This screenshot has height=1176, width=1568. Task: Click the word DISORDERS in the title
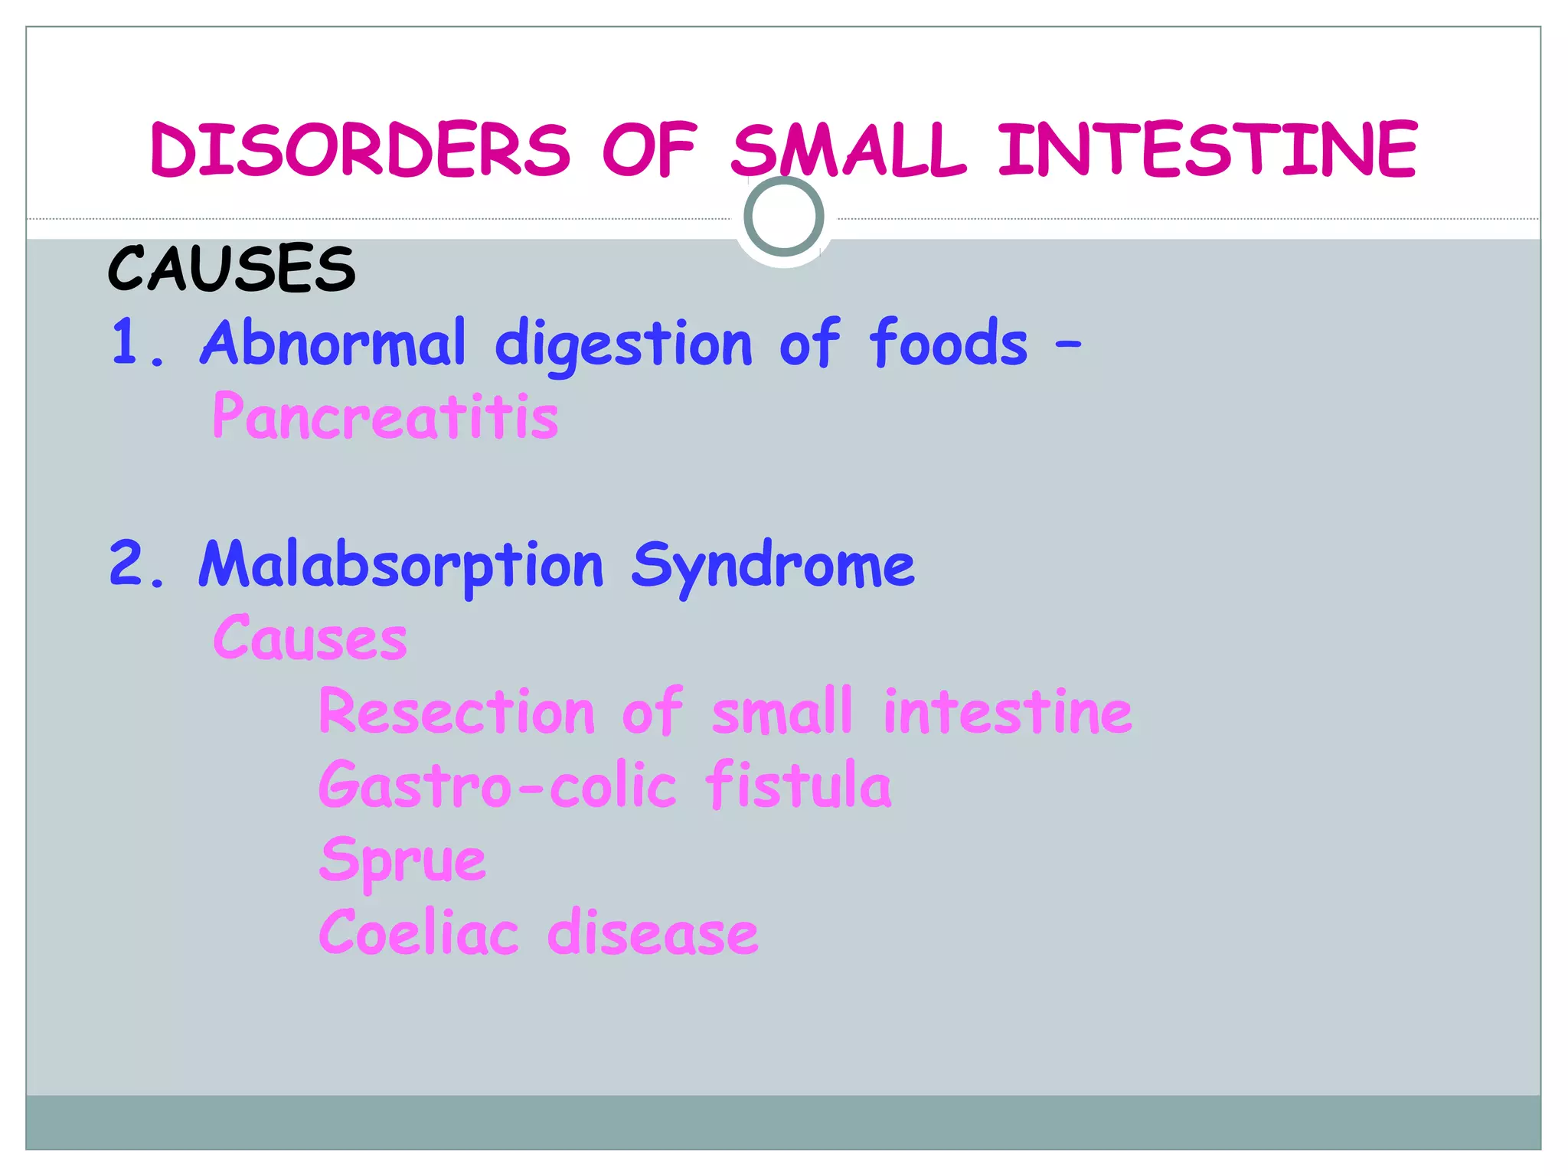pos(360,150)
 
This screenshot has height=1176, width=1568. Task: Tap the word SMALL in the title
pos(848,150)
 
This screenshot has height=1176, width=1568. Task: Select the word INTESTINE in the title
pos(1207,150)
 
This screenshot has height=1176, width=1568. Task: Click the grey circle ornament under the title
pos(783,217)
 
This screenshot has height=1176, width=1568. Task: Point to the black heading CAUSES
pos(232,269)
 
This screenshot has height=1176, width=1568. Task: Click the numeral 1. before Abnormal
pos(136,342)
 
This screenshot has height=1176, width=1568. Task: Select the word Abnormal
pos(332,342)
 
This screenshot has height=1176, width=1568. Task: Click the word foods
pos(948,342)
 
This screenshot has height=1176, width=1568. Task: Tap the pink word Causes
pos(310,638)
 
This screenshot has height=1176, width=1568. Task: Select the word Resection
pos(456,711)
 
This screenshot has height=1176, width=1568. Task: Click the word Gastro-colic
pos(498,786)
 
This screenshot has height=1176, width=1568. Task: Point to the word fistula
pos(799,785)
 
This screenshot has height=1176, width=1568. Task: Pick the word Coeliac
pos(419,933)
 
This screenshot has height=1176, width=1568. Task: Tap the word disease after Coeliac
pos(652,933)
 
